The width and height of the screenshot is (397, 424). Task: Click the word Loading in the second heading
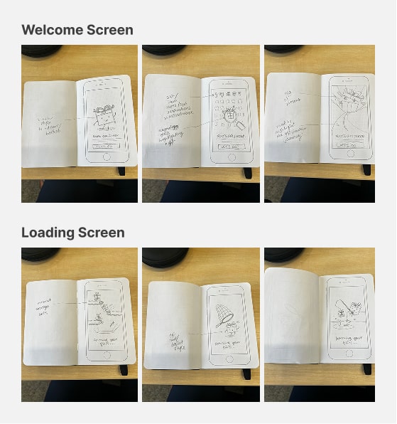tap(46, 233)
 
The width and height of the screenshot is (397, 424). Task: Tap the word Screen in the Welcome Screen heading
tap(107, 30)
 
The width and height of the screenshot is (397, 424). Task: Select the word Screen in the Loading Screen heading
tap(99, 233)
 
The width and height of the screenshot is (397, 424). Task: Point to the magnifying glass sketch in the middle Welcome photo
tap(229, 118)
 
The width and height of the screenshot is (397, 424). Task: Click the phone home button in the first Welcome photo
tap(107, 157)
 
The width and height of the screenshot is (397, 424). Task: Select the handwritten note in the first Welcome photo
tap(53, 124)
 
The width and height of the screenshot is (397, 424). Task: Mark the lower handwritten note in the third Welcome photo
tap(291, 130)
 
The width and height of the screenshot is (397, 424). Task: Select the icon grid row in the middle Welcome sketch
tap(229, 95)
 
